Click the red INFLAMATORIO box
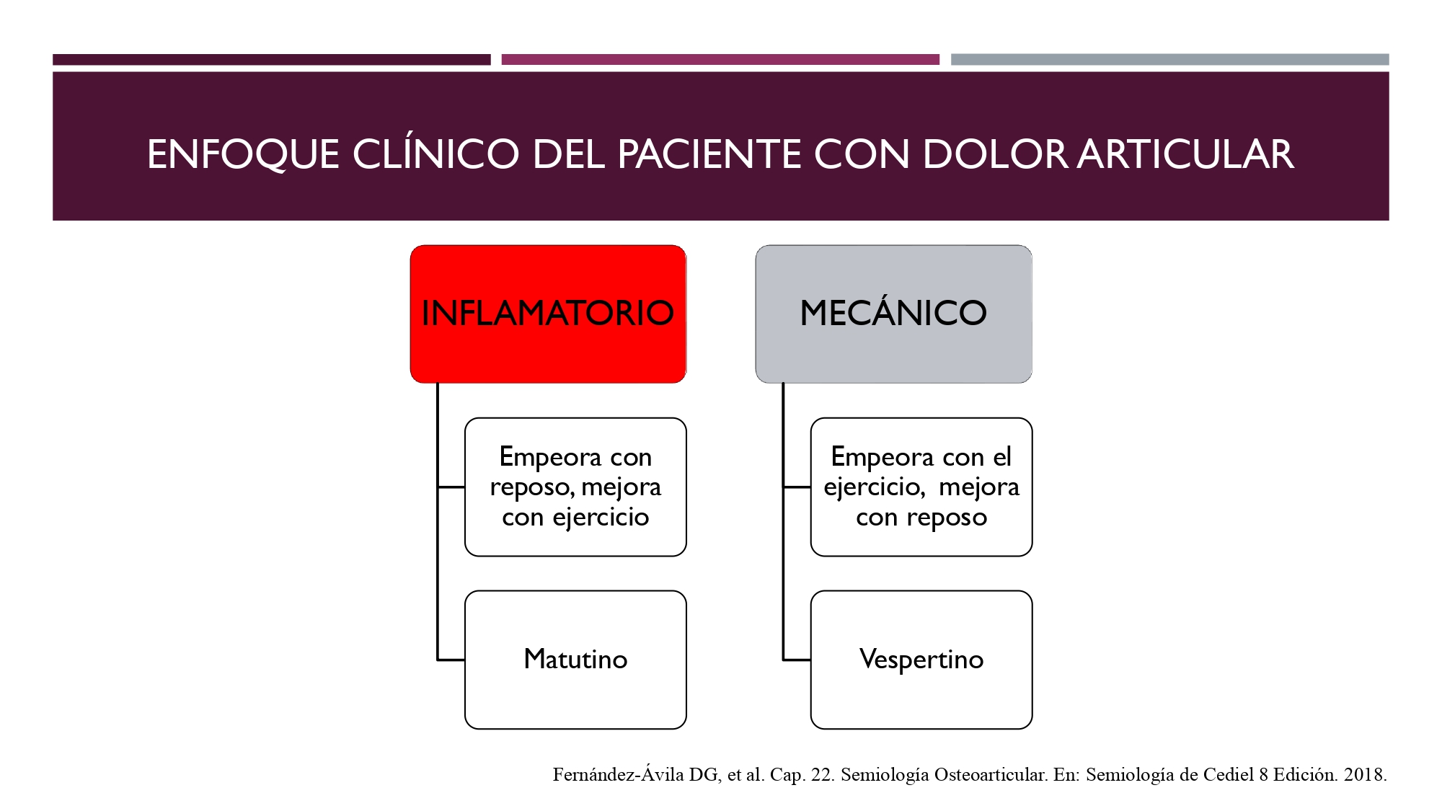pyautogui.click(x=548, y=314)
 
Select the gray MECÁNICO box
pyautogui.click(x=893, y=314)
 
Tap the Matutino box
pyautogui.click(x=575, y=660)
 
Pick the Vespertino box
pyautogui.click(x=921, y=660)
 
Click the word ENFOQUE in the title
pyautogui.click(x=243, y=155)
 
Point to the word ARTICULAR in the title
pyautogui.click(x=1186, y=154)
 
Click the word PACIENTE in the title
pyautogui.click(x=709, y=154)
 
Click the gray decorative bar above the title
pyautogui.click(x=1169, y=60)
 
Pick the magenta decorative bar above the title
pyautogui.click(x=720, y=60)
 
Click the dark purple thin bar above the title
pyautogui.click(x=271, y=60)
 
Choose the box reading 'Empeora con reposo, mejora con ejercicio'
pyautogui.click(x=575, y=487)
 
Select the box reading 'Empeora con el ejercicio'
pyautogui.click(x=921, y=487)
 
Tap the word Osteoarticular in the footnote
pyautogui.click(x=991, y=775)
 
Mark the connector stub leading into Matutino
pyautogui.click(x=451, y=660)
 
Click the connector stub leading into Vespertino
pyautogui.click(x=797, y=660)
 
